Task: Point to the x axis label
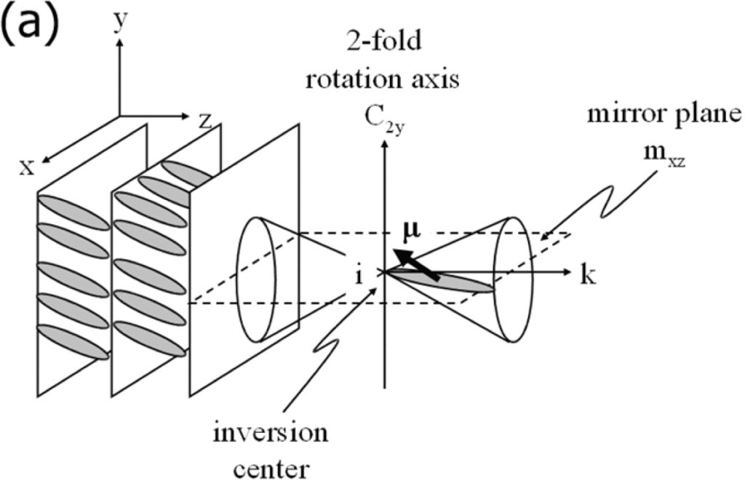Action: click(x=28, y=167)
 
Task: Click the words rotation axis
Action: click(x=382, y=77)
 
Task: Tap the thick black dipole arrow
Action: click(x=421, y=265)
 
